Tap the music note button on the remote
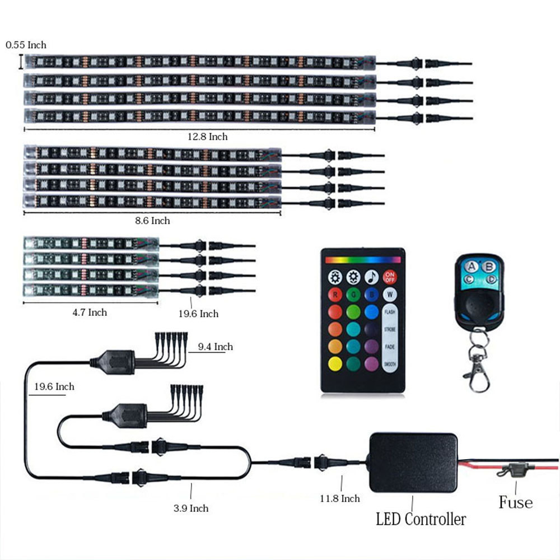click(371, 277)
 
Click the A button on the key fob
click(472, 267)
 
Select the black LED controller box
click(413, 462)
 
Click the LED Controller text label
click(421, 519)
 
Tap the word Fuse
click(515, 502)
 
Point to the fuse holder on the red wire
click(511, 471)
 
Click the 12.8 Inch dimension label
click(208, 137)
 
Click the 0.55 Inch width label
click(26, 45)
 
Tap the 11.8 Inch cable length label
click(340, 498)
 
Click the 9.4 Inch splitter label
click(215, 347)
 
